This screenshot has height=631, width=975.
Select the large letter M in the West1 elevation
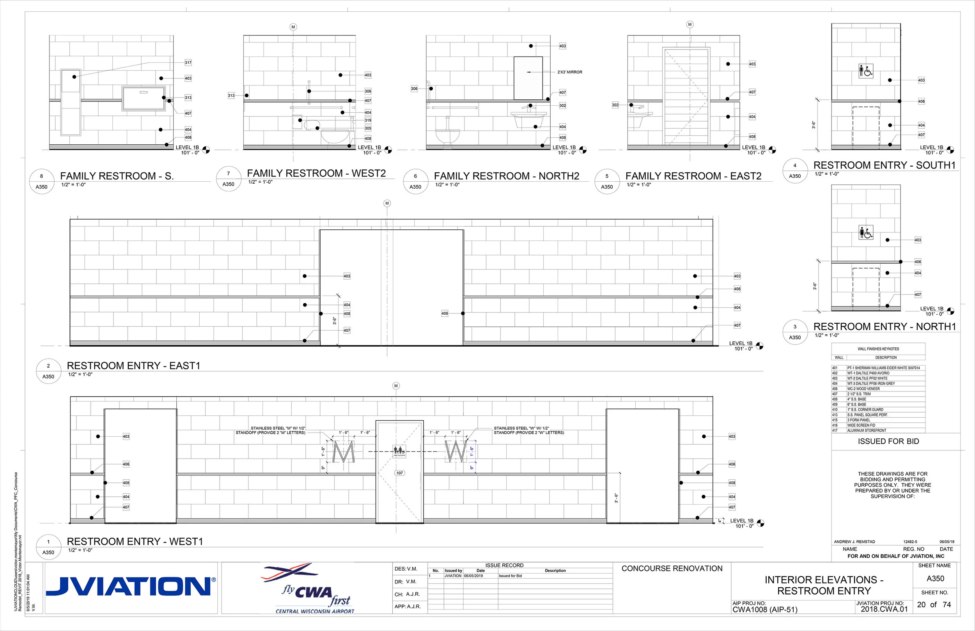pyautogui.click(x=343, y=451)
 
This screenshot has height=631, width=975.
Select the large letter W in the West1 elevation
pyautogui.click(x=456, y=451)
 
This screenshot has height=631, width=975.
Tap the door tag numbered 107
pyautogui.click(x=399, y=473)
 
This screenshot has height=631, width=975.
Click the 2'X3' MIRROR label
pyautogui.click(x=569, y=72)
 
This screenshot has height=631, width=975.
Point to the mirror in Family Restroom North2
pyautogui.click(x=528, y=78)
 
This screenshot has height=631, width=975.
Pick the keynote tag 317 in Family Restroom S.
pyautogui.click(x=188, y=63)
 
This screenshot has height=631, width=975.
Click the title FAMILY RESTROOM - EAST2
pyautogui.click(x=693, y=176)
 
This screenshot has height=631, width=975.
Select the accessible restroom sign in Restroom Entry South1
pyautogui.click(x=866, y=71)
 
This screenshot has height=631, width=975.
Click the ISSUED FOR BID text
pyautogui.click(x=888, y=441)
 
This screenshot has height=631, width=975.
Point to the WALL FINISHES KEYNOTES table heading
pyautogui.click(x=878, y=349)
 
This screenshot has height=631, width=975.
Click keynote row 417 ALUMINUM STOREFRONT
pyautogui.click(x=867, y=431)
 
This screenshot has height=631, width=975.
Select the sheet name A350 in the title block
pyautogui.click(x=935, y=579)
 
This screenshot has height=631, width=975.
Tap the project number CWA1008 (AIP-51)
pyautogui.click(x=765, y=610)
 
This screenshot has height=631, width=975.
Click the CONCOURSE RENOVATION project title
pyautogui.click(x=672, y=568)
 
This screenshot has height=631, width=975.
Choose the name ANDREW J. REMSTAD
pyautogui.click(x=854, y=542)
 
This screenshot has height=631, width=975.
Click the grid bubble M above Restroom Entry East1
pyautogui.click(x=387, y=203)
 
